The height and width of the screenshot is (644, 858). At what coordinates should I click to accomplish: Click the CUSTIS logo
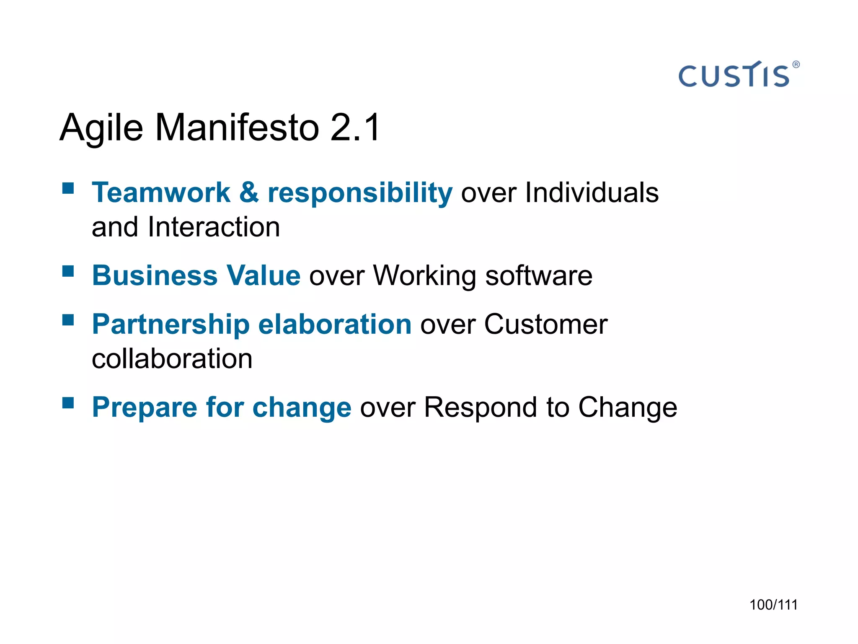tap(734, 75)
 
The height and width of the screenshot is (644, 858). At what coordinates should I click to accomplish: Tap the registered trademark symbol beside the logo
tap(796, 65)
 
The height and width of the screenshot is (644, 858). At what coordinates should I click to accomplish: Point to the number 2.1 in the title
tap(355, 127)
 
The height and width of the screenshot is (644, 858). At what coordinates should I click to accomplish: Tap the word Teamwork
tap(161, 193)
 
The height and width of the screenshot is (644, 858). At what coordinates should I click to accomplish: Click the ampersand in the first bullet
tap(249, 193)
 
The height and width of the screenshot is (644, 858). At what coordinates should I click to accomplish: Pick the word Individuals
tap(592, 193)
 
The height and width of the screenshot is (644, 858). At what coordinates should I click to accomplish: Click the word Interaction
tap(214, 227)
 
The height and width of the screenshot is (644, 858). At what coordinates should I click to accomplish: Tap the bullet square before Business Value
tap(68, 271)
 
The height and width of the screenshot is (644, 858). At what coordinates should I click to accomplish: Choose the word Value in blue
tap(263, 276)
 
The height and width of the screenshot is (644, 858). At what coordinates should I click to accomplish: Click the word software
tap(538, 276)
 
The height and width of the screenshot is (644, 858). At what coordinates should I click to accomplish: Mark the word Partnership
tap(171, 325)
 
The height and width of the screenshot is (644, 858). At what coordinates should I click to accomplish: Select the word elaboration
tap(335, 325)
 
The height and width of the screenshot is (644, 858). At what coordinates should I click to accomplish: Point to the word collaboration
tap(172, 359)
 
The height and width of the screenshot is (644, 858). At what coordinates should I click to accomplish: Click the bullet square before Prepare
tap(68, 403)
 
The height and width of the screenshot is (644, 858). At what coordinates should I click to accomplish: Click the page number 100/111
tap(773, 605)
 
